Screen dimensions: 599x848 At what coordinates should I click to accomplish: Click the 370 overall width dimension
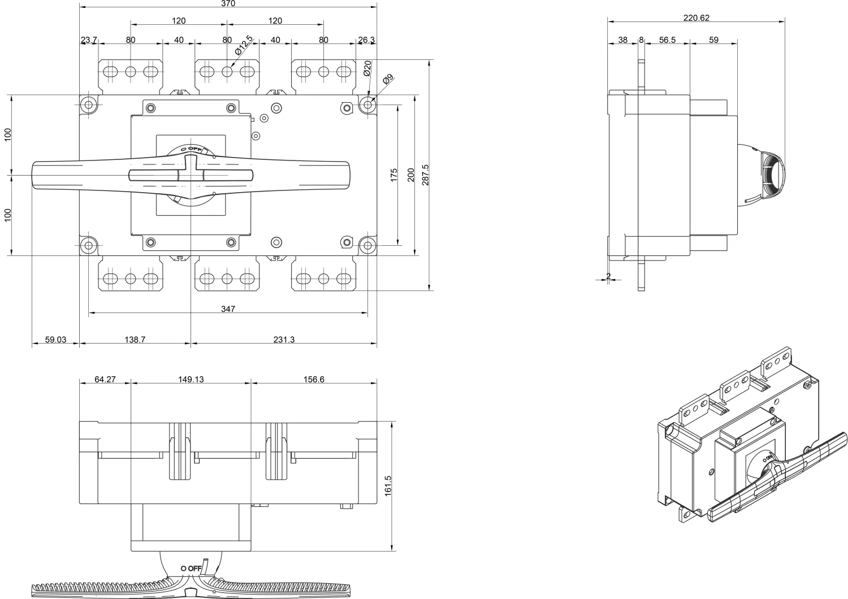pos(228,3)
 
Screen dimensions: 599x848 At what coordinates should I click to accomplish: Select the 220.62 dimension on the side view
pos(696,18)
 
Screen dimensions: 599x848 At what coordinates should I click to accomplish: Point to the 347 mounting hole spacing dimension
pos(228,309)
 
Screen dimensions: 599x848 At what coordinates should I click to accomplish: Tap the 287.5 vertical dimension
pos(426,175)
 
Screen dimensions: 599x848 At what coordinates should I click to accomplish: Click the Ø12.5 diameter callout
pos(244,45)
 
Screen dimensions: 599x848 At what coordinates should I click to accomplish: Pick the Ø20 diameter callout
pos(366,68)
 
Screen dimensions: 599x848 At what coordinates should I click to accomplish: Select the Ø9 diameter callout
pos(387,80)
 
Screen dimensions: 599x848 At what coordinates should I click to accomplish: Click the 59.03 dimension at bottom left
pos(55,340)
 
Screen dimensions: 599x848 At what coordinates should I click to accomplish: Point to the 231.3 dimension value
pos(284,340)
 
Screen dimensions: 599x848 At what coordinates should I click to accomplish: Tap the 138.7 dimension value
pos(135,340)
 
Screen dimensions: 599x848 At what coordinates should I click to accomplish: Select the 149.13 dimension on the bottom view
pos(191,379)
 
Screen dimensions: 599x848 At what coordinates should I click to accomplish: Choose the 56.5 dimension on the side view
pos(667,40)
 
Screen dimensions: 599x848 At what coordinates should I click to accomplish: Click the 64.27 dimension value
pos(105,379)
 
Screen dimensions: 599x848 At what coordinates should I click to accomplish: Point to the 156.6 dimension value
pos(314,379)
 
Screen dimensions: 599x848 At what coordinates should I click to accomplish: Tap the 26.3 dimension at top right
pos(366,40)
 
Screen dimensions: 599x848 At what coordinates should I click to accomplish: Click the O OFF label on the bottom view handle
pos(191,568)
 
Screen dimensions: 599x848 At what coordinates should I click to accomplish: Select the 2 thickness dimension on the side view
pos(608,276)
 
